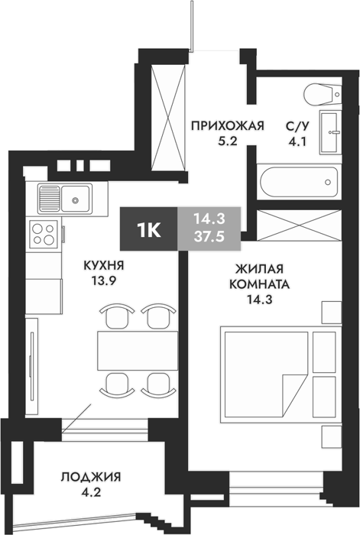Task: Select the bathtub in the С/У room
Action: tap(299, 182)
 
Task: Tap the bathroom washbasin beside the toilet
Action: tap(330, 131)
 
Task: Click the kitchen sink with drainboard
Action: tap(65, 199)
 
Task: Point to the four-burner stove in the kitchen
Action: tap(44, 234)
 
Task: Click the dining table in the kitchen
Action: tap(138, 350)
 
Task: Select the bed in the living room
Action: tap(281, 374)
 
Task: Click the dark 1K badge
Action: tap(148, 229)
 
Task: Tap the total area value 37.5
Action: tap(209, 235)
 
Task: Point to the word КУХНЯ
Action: tap(104, 265)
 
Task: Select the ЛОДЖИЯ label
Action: tap(91, 477)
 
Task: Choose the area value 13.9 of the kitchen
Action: tap(104, 280)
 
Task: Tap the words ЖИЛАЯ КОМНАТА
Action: tap(259, 277)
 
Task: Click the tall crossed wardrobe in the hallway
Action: tap(168, 118)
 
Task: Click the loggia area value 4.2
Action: tap(91, 492)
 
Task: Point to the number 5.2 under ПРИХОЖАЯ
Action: tap(228, 141)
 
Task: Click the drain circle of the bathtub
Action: tap(328, 182)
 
